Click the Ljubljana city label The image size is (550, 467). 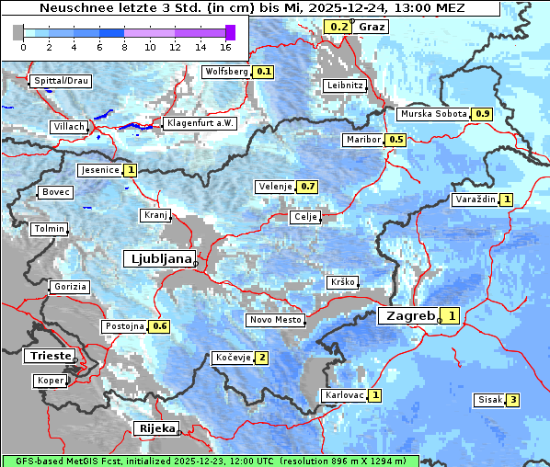[159, 258]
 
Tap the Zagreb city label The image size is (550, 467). [409, 315]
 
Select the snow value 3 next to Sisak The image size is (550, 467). [512, 400]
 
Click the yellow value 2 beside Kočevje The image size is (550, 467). [262, 358]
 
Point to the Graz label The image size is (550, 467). [372, 27]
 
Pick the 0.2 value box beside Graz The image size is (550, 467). [338, 27]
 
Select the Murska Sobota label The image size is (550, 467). [433, 114]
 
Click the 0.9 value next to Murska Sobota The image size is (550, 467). [482, 114]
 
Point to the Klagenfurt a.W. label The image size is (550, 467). [200, 123]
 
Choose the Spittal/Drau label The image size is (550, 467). [62, 81]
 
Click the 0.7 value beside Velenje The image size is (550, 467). [307, 187]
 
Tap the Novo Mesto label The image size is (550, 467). [275, 320]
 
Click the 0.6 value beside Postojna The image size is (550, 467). [159, 326]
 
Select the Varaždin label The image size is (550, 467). [475, 199]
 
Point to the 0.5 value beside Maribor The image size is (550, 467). [395, 140]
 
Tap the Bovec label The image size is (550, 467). [55, 192]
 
